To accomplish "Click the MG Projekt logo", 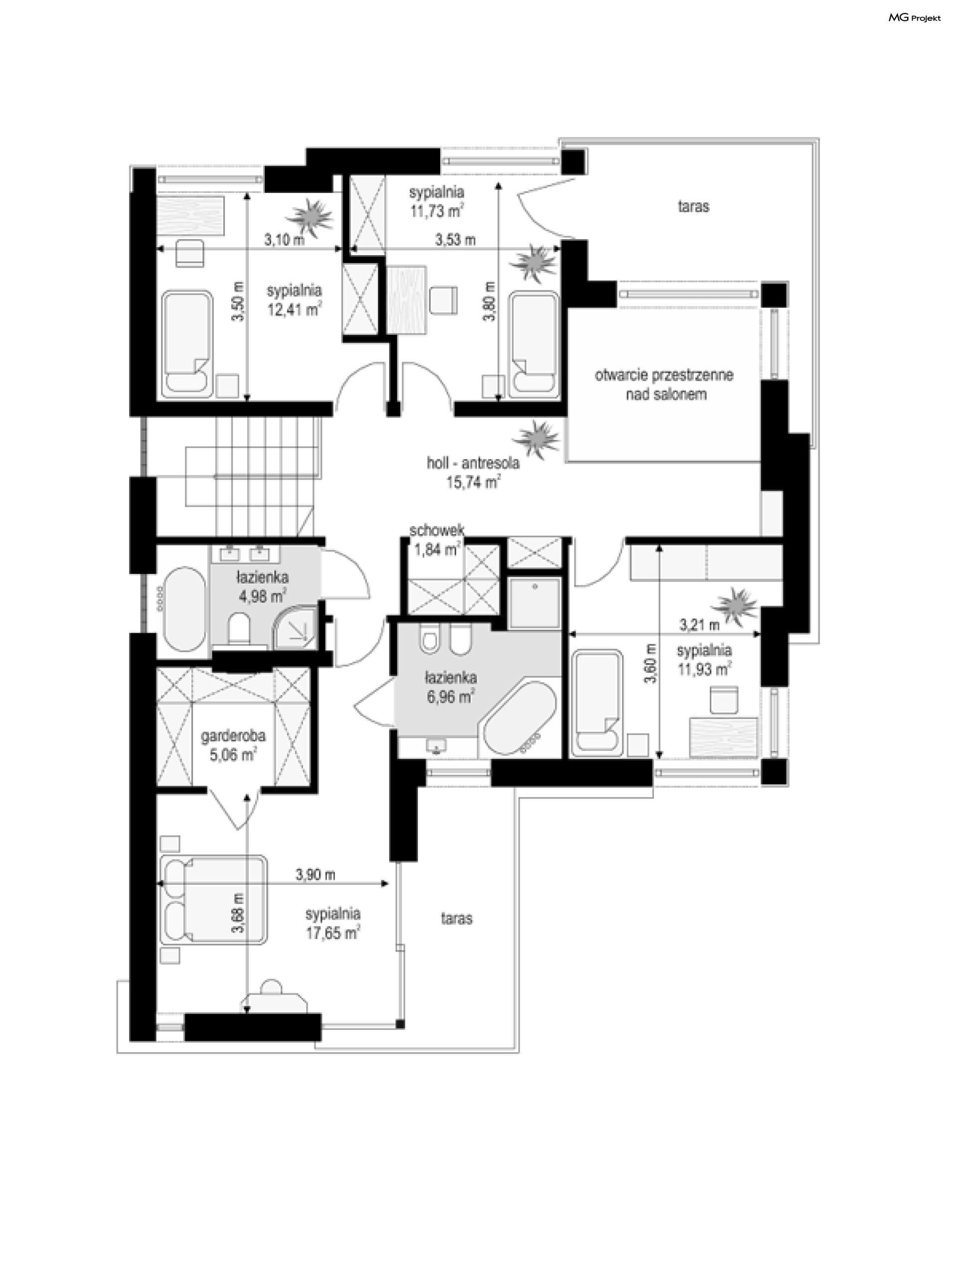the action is [914, 18].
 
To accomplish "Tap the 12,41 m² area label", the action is [294, 309].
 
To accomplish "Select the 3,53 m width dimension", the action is [455, 240].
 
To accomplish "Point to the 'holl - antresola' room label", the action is [473, 462].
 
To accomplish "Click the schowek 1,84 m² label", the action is [436, 539].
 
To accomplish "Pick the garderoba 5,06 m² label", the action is [233, 745].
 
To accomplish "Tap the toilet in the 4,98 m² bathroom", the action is [239, 629].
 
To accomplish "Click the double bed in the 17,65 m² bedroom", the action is [213, 899].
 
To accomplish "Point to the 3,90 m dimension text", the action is [316, 874].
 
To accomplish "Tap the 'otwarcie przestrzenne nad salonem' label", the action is [664, 384].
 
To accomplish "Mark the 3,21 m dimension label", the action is [699, 624].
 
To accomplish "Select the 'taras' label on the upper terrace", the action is [693, 206].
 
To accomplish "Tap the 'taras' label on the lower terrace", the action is [456, 918].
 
